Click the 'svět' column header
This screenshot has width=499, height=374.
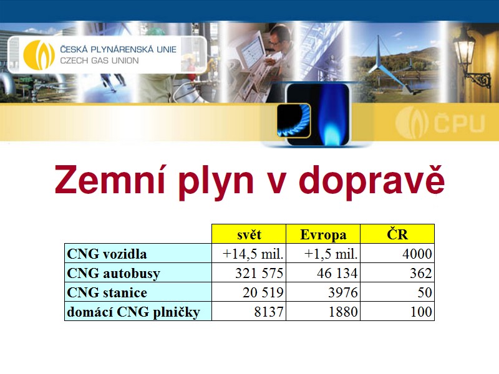pyautogui.click(x=249, y=234)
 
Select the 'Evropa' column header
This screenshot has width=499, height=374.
pyautogui.click(x=323, y=234)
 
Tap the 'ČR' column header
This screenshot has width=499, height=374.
pyautogui.click(x=397, y=234)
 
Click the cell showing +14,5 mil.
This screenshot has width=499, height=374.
pyautogui.click(x=249, y=254)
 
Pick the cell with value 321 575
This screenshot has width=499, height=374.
pyautogui.click(x=249, y=272)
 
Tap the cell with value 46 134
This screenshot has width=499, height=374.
pyautogui.click(x=323, y=272)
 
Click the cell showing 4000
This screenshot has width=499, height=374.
pyautogui.click(x=397, y=254)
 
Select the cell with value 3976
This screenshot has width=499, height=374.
pyautogui.click(x=323, y=292)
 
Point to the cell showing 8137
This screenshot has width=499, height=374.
pyautogui.click(x=249, y=311)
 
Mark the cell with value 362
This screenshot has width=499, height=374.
pyautogui.click(x=397, y=272)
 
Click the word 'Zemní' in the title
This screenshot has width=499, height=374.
pyautogui.click(x=110, y=180)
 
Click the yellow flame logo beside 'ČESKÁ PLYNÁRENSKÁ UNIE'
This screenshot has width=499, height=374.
pyautogui.click(x=39, y=54)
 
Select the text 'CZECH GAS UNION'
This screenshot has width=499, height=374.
pyautogui.click(x=99, y=60)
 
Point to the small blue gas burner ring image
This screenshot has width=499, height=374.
pyautogui.click(x=293, y=121)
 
